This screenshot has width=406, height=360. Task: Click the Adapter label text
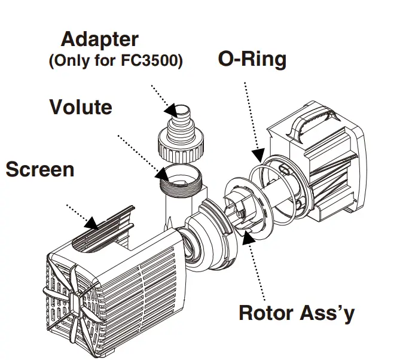100,39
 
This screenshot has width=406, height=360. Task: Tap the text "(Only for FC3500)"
115,62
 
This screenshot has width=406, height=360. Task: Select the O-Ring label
252,59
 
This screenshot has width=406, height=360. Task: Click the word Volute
80,108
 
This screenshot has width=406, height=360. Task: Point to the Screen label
40,169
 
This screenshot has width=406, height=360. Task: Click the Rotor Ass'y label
296,313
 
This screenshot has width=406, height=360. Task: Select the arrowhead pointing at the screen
91,223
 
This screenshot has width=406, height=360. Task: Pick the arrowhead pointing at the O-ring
258,155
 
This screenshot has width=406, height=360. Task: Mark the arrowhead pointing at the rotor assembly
247,239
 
